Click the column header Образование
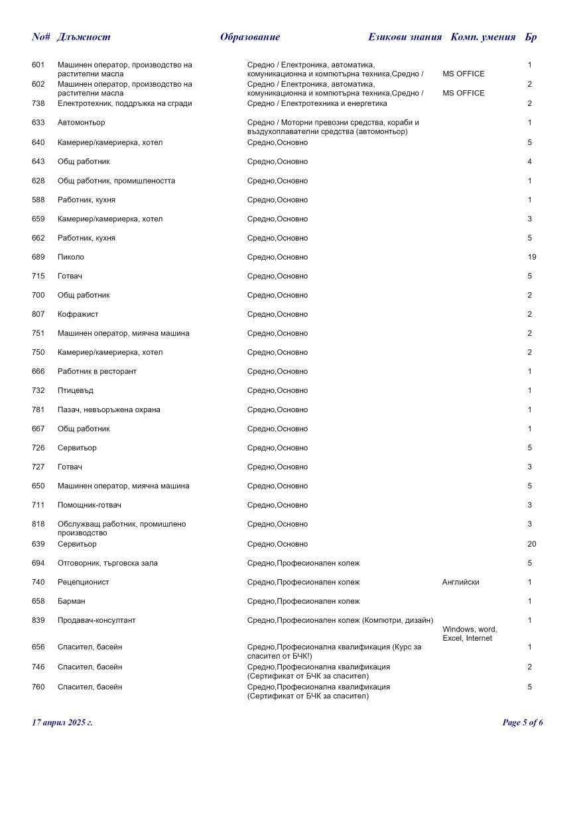point(250,37)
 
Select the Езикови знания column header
point(405,37)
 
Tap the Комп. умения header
point(483,37)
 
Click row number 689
point(38,257)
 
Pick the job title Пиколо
point(71,257)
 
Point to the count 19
point(532,257)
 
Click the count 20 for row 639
point(532,544)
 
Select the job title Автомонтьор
point(81,123)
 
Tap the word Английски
point(460,582)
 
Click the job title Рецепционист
point(83,582)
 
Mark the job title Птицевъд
point(75,391)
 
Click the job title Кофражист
point(78,314)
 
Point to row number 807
point(38,314)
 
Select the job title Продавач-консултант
point(96,621)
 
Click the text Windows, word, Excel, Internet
point(470,633)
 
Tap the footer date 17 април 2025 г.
point(62,722)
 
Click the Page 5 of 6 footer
point(523,722)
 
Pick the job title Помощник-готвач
point(90,506)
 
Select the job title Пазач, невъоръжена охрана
point(109,410)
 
